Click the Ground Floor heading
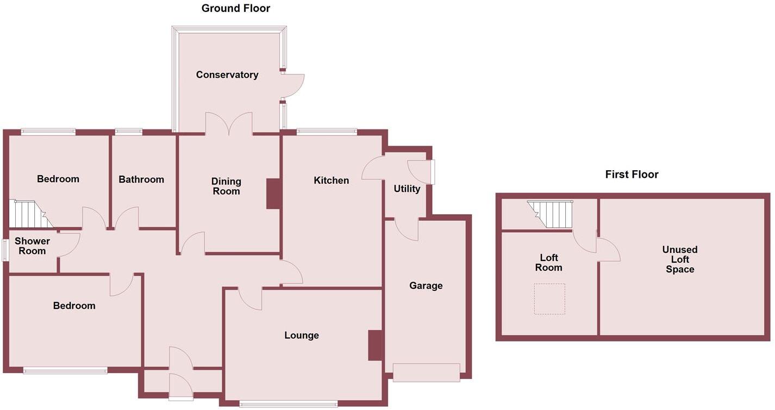(235, 8)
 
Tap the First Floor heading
(632, 175)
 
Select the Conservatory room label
(227, 75)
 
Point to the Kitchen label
(331, 181)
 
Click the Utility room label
(407, 189)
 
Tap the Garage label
(426, 285)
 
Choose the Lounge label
(301, 336)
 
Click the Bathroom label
(141, 179)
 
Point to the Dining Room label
(226, 187)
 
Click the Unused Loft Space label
(679, 259)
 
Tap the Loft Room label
(548, 263)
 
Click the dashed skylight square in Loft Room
(549, 299)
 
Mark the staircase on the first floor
(551, 214)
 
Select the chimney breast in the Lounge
(375, 345)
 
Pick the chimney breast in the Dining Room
(273, 194)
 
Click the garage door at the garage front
(426, 372)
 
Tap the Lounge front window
(288, 404)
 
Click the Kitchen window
(327, 132)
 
